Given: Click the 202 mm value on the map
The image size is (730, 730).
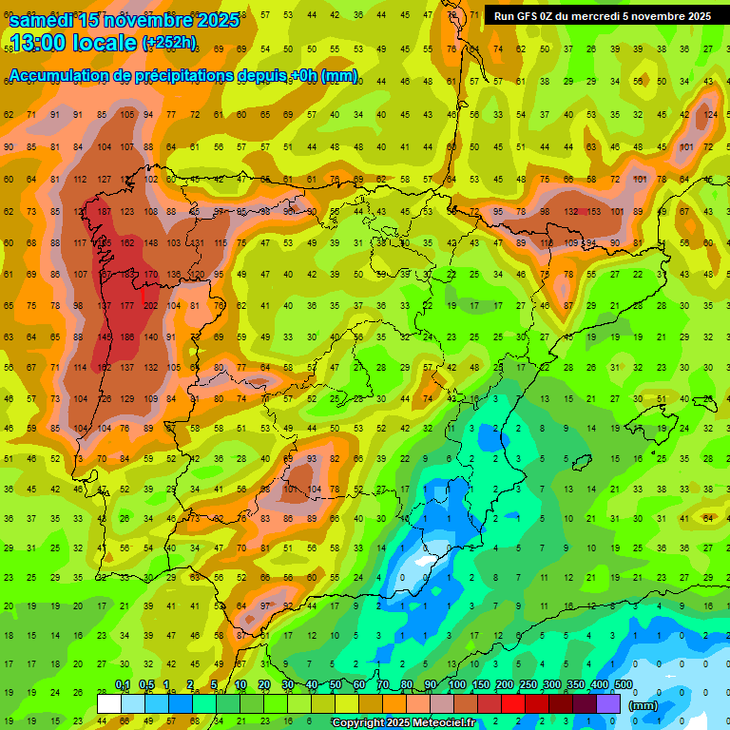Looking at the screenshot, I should [x=150, y=305].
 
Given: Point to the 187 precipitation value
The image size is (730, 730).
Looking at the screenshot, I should [x=104, y=211].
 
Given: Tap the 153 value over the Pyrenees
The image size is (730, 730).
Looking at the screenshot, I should [x=595, y=211].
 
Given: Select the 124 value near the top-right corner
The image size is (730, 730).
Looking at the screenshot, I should [x=710, y=115].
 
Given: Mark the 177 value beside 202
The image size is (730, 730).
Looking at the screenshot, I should [x=127, y=305].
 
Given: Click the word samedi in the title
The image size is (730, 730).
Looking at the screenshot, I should [x=42, y=20].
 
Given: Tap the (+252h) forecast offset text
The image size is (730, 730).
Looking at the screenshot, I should [x=169, y=43].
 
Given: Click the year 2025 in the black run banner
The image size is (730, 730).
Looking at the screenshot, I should [x=693, y=16].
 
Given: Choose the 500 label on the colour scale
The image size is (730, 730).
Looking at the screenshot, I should [x=624, y=684].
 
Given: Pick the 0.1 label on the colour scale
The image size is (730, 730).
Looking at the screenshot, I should [x=123, y=684].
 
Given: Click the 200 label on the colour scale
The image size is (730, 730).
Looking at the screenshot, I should [x=504, y=684].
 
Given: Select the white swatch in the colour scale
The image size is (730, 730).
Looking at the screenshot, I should [x=109, y=703].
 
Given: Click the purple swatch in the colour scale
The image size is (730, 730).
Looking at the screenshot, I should [x=609, y=703].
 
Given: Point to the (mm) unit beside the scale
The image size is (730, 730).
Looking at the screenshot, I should [x=644, y=704].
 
